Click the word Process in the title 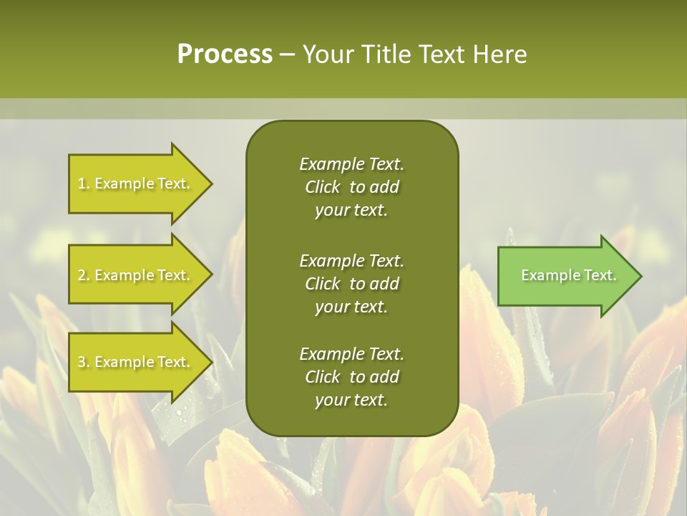coord(225,54)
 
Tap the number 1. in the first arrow coord(84,183)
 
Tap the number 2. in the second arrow coord(84,275)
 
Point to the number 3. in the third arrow coord(84,362)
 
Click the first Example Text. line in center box coord(351,164)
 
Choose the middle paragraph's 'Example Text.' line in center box coord(351,260)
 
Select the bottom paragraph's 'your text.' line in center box coord(351,400)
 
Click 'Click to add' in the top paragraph coord(351,187)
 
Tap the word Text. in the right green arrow coord(600,275)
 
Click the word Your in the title coord(326,54)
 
